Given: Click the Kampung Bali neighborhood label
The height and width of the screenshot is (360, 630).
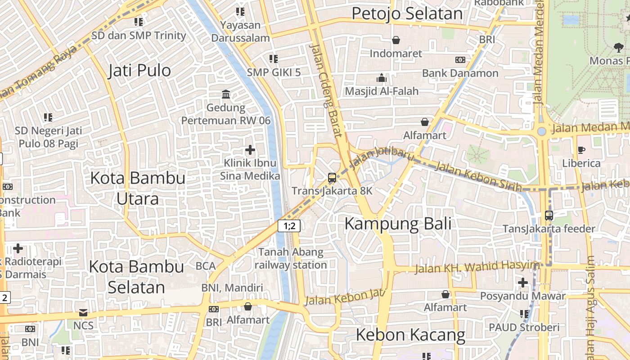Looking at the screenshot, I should click(x=398, y=224).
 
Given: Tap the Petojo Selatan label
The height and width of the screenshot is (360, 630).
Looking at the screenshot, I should click(x=407, y=13).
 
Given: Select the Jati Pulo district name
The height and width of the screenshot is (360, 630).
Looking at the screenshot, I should click(x=139, y=71).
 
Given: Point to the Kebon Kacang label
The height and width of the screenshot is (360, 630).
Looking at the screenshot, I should click(x=410, y=335).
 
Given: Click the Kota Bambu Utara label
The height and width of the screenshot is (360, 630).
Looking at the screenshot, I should click(x=138, y=188).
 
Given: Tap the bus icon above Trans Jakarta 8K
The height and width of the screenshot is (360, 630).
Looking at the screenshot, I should click(x=332, y=178).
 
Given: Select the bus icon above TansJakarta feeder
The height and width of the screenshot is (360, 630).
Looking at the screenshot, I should click(x=549, y=216).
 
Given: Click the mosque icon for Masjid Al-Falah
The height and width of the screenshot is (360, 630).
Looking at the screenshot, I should click(x=382, y=78).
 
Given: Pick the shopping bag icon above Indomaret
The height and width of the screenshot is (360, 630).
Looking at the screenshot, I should click(x=396, y=40).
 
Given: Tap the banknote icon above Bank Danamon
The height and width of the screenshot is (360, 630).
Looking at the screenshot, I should click(x=460, y=60).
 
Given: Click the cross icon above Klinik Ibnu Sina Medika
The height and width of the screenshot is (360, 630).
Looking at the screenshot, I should click(x=250, y=150).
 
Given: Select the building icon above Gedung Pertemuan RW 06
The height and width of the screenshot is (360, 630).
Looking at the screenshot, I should click(x=226, y=94).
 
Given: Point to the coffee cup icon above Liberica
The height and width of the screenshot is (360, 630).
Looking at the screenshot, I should click(x=581, y=150).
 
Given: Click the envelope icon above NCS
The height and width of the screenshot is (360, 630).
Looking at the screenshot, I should click(x=83, y=312).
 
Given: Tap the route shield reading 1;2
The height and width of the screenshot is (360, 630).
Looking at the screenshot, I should click(x=289, y=226).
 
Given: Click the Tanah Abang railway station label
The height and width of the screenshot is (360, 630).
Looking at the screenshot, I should click(x=291, y=258).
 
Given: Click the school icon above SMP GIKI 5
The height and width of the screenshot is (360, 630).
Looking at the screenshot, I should click(x=273, y=59).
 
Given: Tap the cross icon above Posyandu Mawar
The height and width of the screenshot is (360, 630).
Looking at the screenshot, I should click(x=522, y=283).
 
